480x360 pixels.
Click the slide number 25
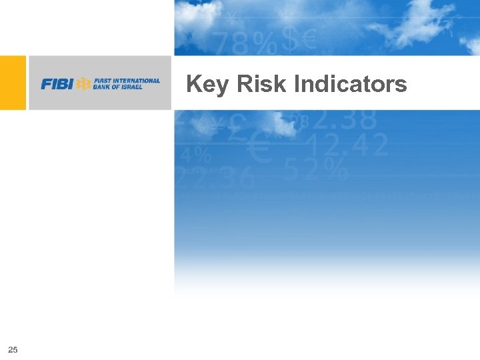tap(13, 349)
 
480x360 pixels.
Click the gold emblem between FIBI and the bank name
tap(84, 84)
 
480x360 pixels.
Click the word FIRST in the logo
tap(103, 81)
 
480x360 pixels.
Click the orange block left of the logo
tap(13, 83)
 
